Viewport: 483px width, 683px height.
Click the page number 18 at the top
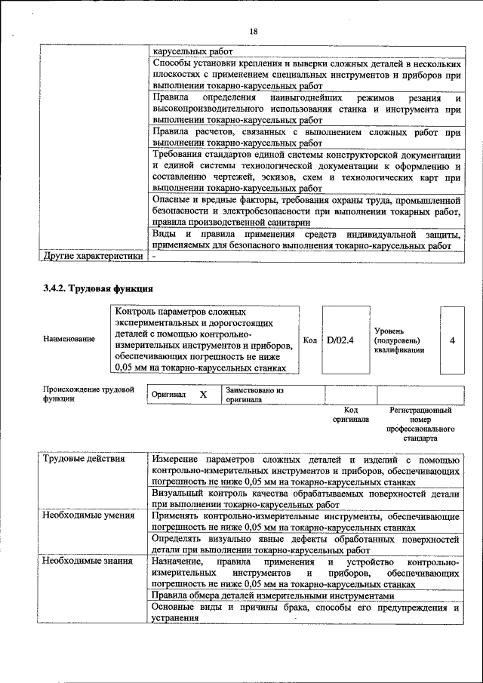point(254,31)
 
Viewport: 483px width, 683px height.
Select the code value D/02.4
point(340,340)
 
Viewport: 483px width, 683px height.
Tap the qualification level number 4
point(452,340)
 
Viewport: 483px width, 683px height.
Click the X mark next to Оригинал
point(203,395)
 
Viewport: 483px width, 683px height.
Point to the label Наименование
point(69,340)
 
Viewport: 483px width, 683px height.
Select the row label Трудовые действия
point(84,459)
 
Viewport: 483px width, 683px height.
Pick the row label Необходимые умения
point(88,515)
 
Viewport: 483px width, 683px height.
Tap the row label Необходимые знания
point(88,561)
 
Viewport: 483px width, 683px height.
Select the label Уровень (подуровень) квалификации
point(398,340)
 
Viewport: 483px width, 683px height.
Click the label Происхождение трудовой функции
point(88,394)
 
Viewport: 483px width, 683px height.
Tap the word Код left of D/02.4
point(309,340)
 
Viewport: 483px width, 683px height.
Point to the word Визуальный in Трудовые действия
point(179,494)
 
